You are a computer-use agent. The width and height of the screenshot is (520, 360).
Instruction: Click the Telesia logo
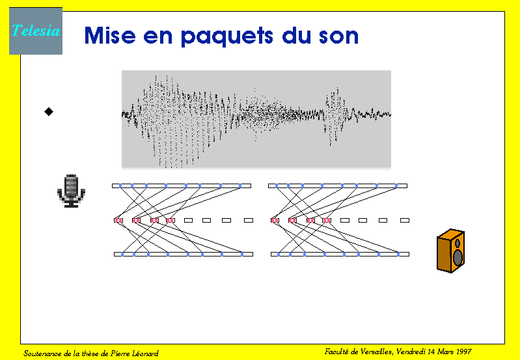click(36, 31)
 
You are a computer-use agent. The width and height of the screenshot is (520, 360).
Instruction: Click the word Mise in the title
click(110, 36)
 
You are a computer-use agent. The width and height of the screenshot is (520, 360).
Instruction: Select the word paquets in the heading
click(227, 36)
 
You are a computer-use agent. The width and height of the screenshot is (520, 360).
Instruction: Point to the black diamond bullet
click(49, 112)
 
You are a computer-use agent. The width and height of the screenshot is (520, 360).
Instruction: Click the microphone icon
click(71, 191)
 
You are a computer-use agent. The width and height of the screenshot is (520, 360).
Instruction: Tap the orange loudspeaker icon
click(451, 251)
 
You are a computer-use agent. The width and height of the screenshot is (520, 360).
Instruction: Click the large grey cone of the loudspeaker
click(458, 258)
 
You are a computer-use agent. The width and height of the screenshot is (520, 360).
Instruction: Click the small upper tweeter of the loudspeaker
click(458, 243)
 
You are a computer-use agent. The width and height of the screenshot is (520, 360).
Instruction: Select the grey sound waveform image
click(256, 119)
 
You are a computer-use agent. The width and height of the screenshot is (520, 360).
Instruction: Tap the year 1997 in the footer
click(463, 352)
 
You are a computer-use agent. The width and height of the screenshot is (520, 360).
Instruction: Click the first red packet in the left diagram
click(118, 220)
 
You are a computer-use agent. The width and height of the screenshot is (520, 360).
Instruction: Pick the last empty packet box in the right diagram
click(405, 220)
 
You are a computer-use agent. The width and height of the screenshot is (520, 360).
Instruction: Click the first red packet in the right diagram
click(275, 220)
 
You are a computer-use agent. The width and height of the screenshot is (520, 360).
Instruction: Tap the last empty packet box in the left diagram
click(249, 220)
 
